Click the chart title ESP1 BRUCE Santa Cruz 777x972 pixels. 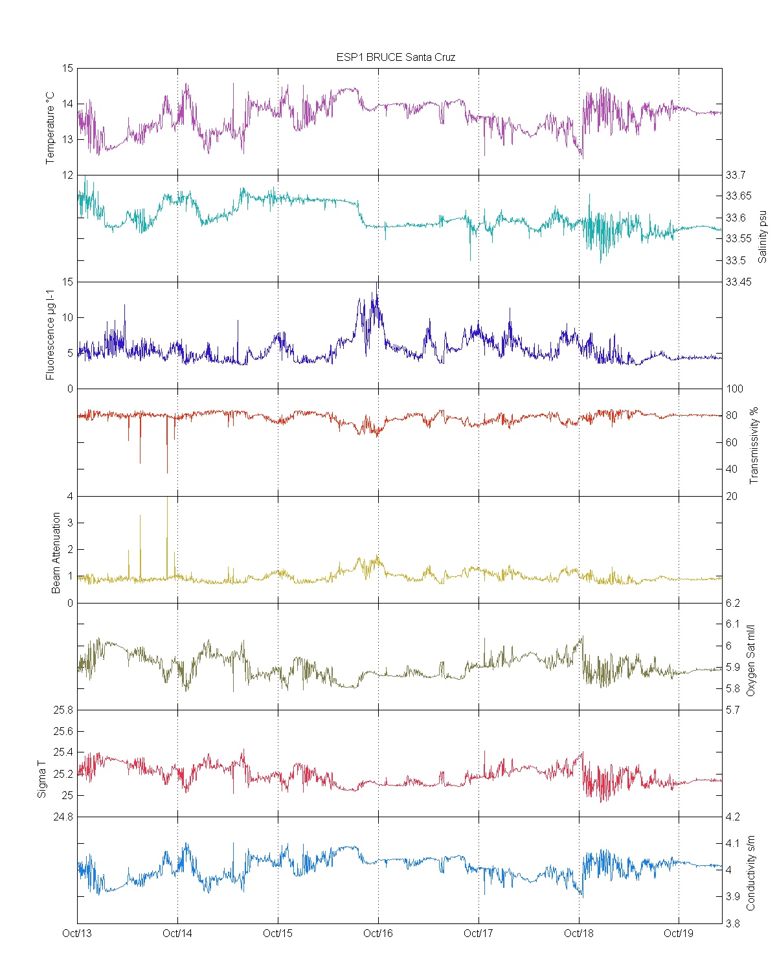click(396, 57)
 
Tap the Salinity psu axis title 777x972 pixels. click(762, 236)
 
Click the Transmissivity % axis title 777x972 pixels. click(754, 446)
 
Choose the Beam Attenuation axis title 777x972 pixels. click(56, 552)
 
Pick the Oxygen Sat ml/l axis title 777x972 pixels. click(751, 661)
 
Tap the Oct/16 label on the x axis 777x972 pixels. click(378, 933)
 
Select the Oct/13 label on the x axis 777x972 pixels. click(77, 933)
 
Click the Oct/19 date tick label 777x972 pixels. click(679, 933)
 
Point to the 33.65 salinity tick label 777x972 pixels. click(738, 196)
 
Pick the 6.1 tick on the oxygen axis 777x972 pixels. click(733, 624)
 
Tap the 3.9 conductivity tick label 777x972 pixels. click(733, 897)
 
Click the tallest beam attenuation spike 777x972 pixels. click(168, 499)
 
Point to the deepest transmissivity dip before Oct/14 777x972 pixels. click(167, 472)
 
